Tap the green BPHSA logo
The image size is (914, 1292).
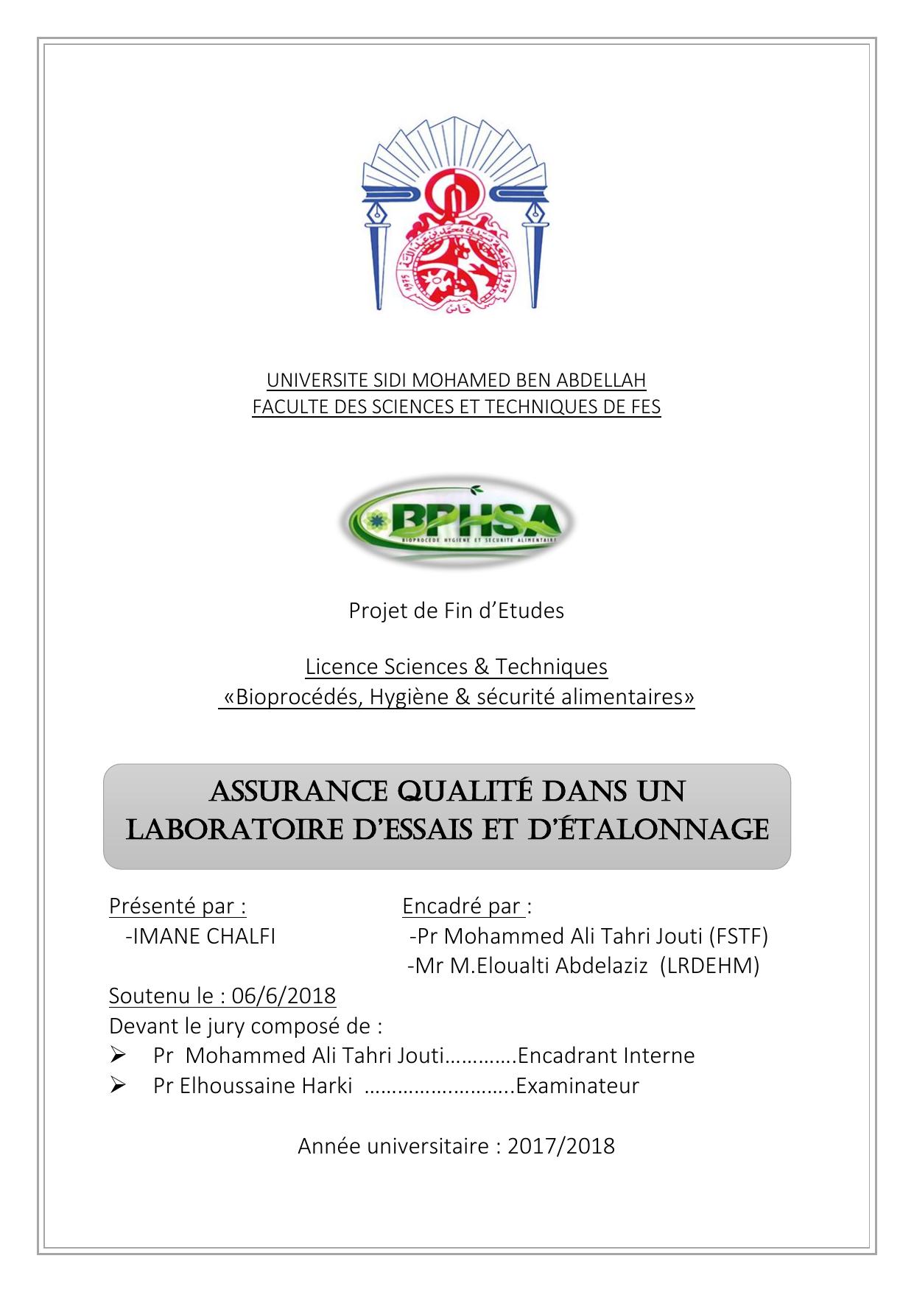tap(457, 522)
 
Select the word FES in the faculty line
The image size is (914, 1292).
tap(644, 407)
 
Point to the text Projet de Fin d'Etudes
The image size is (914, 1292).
tap(457, 611)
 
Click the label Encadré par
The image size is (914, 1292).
tap(464, 906)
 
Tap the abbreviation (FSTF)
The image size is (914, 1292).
tap(738, 935)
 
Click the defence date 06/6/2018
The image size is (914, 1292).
tap(284, 996)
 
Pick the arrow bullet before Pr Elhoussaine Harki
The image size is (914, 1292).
tap(118, 1086)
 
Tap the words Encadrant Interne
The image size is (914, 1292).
tap(606, 1056)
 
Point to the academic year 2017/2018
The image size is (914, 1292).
tap(560, 1146)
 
